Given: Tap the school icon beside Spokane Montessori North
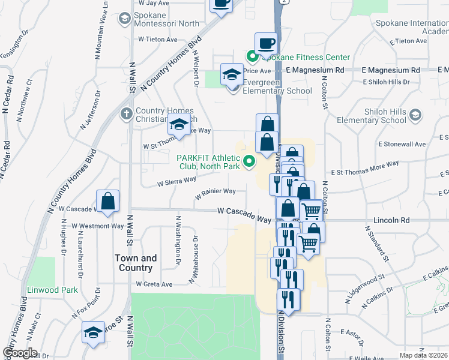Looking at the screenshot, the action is pos(124,19).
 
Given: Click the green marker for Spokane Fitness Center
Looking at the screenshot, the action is pos(252,58).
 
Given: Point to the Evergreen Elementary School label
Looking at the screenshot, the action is pos(277,91).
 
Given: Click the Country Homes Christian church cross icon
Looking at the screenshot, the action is pos(126,113).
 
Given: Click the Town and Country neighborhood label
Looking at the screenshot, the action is pos(136,263).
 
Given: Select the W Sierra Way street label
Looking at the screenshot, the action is pos(176,181).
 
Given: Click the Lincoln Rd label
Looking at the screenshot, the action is pos(391,220).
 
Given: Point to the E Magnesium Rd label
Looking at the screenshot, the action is pos(315,70).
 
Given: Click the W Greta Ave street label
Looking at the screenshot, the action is pos(154,284).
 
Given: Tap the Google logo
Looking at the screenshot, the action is pos(20,353).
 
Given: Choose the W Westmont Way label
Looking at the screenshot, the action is pos(97,226).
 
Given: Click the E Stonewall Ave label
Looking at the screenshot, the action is pos(402,144).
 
